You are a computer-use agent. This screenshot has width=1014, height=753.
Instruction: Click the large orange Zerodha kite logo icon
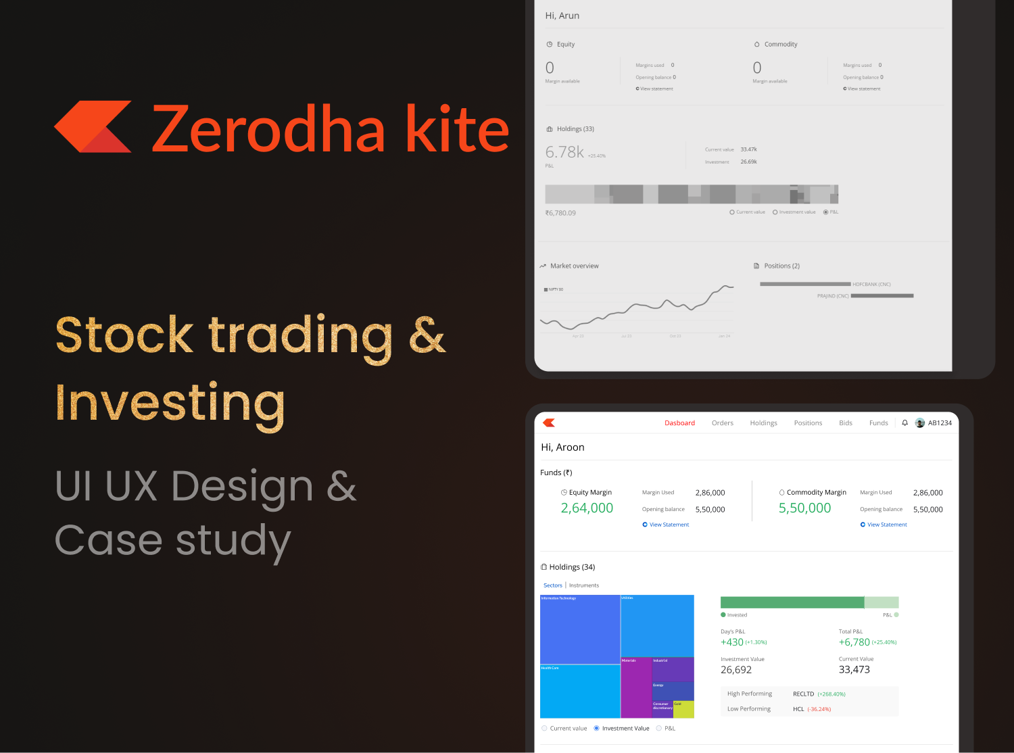93,127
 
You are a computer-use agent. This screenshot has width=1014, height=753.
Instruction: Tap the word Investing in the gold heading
170,404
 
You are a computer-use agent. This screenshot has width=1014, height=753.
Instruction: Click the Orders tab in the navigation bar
722,423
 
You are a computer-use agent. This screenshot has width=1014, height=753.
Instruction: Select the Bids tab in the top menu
845,423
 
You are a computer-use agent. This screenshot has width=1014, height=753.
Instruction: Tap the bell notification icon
904,423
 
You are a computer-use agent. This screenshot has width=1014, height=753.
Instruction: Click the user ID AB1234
939,423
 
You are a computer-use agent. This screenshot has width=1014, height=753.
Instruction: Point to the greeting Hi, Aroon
562,447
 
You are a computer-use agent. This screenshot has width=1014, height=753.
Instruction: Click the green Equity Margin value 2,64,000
587,508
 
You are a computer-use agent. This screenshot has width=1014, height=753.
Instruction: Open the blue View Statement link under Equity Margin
669,525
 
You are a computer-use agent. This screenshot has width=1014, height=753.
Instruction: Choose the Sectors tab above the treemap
552,585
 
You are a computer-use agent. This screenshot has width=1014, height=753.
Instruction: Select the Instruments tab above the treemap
584,585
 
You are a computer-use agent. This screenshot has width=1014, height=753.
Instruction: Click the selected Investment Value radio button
596,728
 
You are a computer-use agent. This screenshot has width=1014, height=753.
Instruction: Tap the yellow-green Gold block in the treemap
683,709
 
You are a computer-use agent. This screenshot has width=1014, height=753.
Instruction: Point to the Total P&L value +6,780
854,642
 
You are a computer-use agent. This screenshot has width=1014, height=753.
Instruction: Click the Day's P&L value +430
731,642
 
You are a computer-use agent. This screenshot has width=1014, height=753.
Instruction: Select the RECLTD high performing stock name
803,694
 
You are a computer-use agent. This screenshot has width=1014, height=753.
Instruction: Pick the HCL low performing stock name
798,709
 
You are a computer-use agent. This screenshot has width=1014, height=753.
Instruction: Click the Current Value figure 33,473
854,670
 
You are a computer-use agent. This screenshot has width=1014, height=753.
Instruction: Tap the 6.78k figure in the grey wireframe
564,152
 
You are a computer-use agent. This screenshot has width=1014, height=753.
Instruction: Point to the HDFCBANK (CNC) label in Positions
871,285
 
